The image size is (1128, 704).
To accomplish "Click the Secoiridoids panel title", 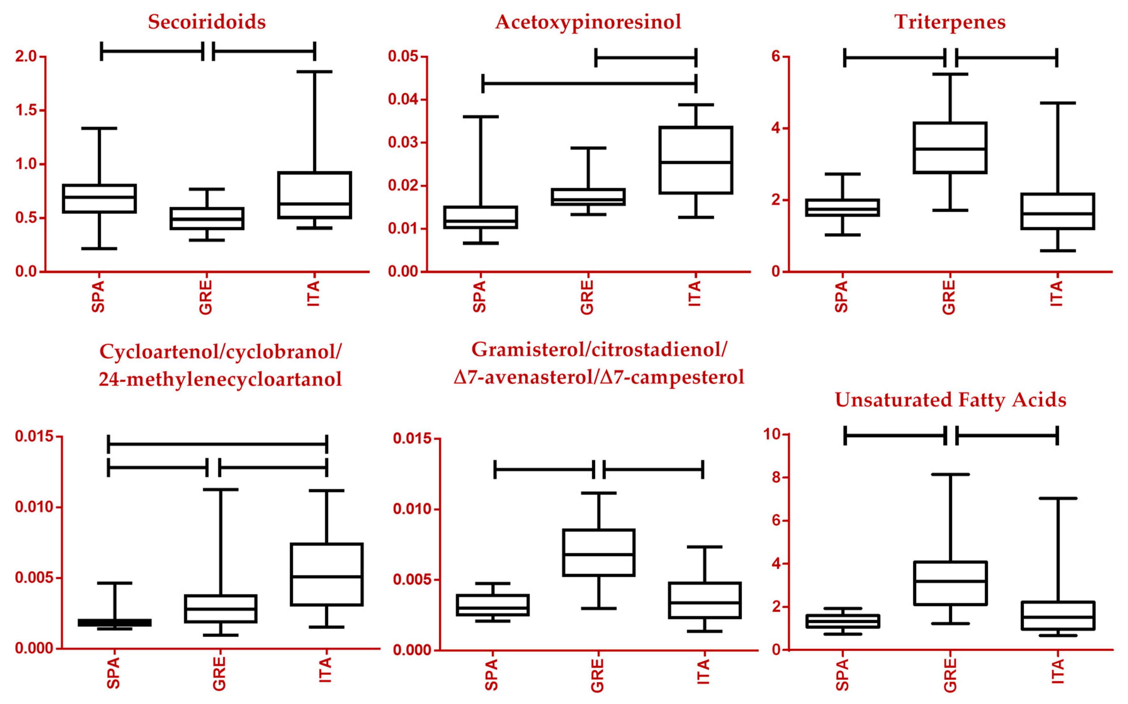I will pos(207,22).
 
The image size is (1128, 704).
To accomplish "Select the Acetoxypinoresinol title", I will pos(588,22).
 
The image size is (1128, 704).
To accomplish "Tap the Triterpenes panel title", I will pos(950,22).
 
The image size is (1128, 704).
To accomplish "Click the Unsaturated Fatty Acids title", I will pos(950,399).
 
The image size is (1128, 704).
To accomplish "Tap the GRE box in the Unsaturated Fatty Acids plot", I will pos(950,583).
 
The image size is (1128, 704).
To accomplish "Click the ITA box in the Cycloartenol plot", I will pos(326,574).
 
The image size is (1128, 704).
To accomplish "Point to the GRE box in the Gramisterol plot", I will pos(598,553).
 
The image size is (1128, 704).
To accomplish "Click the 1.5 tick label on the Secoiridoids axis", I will pos(26,110).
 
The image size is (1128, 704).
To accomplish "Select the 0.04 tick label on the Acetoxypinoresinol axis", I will pos(403,99).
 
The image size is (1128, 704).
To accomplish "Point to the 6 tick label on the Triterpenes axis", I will pos(775,56).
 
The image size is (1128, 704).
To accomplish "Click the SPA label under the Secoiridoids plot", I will pos(98,296).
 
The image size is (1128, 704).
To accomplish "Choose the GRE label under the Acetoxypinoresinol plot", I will pos(587,297).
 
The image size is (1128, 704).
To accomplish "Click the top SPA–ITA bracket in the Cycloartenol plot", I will pos(217,444).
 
